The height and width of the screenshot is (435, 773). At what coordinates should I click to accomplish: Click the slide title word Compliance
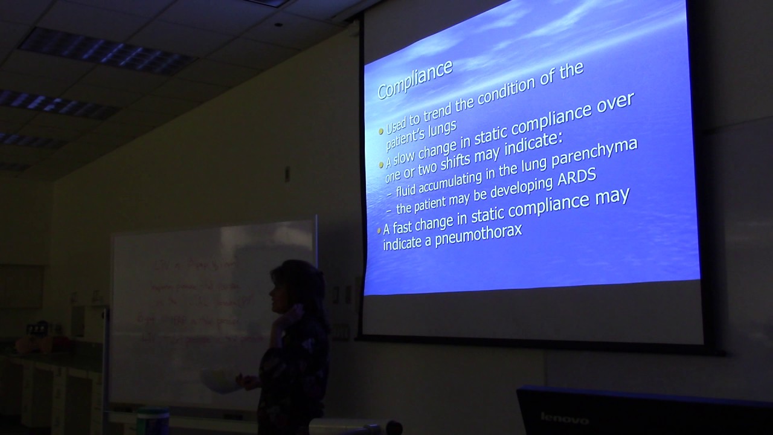pyautogui.click(x=414, y=79)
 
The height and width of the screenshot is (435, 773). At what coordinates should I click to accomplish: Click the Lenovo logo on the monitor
pyautogui.click(x=564, y=418)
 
